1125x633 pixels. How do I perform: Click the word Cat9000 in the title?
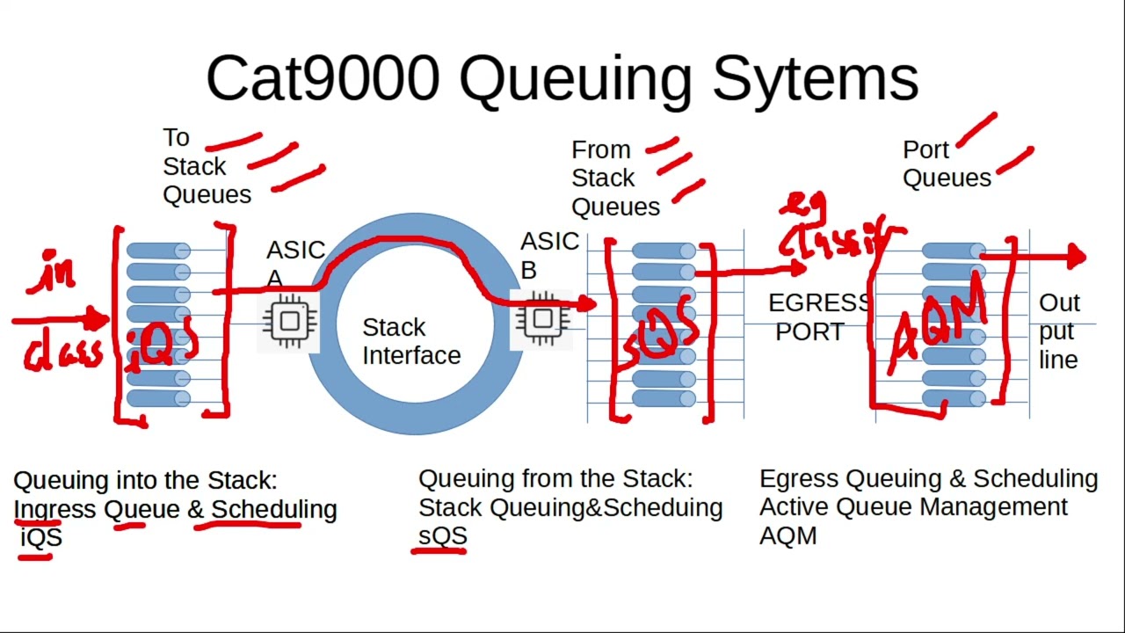click(323, 78)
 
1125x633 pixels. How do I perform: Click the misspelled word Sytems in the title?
click(815, 78)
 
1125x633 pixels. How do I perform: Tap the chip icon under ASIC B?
click(542, 318)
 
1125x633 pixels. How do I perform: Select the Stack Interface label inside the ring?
click(410, 341)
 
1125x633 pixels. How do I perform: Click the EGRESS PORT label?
click(817, 317)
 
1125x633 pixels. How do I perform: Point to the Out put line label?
click(1059, 331)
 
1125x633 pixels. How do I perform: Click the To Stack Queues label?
click(206, 166)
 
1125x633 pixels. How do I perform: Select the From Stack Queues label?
click(614, 178)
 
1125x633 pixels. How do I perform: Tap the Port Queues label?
click(946, 164)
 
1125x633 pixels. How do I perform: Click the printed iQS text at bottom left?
click(40, 537)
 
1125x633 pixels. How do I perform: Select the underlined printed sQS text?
click(442, 535)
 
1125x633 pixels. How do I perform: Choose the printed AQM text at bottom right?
click(787, 535)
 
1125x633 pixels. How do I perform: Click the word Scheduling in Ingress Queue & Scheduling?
click(273, 509)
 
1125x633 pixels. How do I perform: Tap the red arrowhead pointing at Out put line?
click(1078, 257)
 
